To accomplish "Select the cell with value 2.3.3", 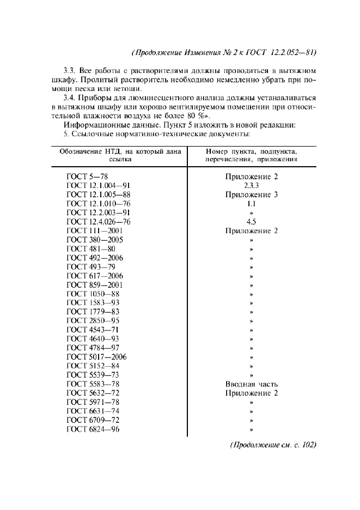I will coord(251,185).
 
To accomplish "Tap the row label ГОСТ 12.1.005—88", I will coord(98,195).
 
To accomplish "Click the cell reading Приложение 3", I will coord(252,195).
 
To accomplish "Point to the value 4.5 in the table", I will coord(251,222).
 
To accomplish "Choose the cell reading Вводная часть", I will coord(252,384).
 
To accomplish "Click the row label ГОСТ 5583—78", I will coord(93,384).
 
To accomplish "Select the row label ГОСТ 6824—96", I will coord(93,429).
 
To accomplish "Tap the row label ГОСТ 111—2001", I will coord(94,230).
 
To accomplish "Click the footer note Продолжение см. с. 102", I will coord(273,445).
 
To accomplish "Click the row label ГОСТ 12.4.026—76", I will coord(98,222).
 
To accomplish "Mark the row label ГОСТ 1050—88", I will coord(93,294).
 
